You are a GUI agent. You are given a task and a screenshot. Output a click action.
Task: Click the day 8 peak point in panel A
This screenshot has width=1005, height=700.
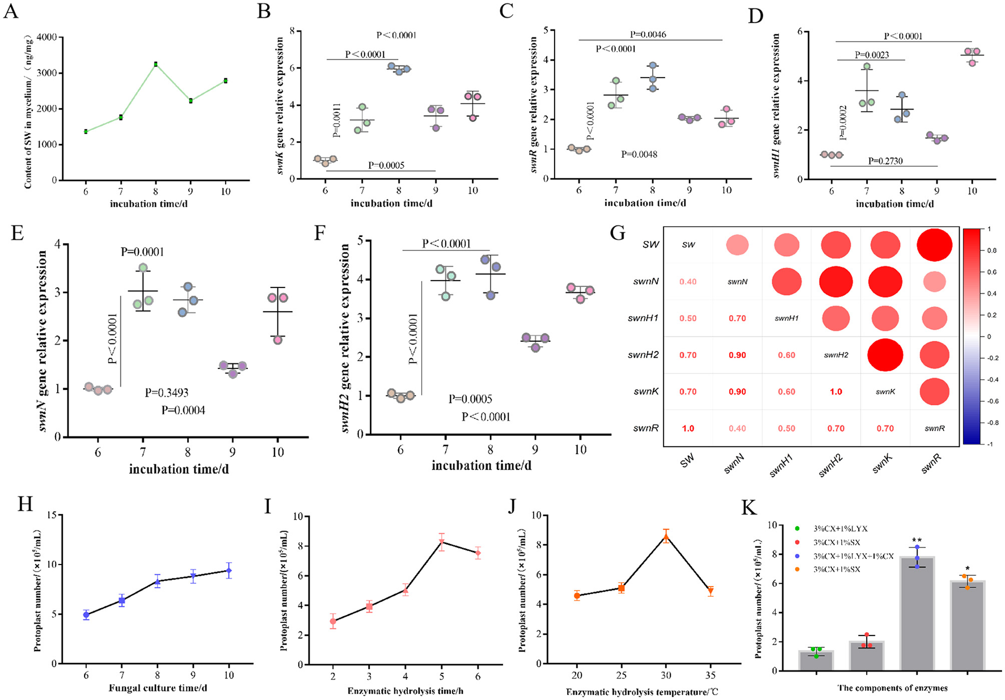[155, 64]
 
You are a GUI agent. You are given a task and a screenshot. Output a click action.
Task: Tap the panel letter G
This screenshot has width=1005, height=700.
[618, 232]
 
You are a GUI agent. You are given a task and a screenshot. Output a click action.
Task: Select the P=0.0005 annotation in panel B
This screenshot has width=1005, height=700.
[386, 165]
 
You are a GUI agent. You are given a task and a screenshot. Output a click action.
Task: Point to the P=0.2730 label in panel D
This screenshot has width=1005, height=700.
[885, 161]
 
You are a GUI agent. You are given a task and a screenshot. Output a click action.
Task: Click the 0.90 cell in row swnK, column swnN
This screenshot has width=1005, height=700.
[737, 392]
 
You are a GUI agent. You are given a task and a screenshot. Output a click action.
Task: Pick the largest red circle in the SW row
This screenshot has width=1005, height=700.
[934, 244]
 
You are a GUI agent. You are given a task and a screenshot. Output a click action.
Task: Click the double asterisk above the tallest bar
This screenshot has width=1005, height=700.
[916, 540]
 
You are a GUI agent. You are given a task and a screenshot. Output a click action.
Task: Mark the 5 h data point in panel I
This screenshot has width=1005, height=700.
[441, 542]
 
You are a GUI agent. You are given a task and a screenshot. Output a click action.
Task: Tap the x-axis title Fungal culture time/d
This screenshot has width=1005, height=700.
[158, 688]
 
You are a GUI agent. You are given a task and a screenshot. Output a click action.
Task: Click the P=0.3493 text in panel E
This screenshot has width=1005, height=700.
[166, 392]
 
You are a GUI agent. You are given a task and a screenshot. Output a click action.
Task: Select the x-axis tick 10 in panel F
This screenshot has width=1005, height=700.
[580, 449]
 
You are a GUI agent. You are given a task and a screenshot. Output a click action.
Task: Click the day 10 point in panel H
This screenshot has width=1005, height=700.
[229, 571]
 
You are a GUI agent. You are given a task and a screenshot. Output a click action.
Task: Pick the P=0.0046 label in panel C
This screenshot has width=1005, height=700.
[648, 35]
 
